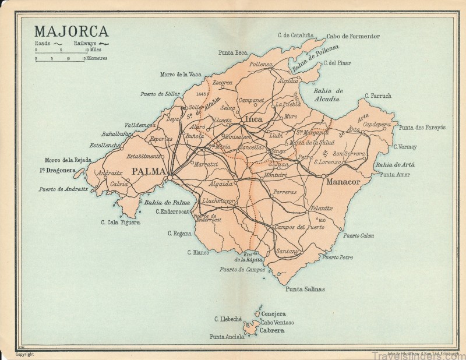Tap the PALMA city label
pyautogui.click(x=149, y=171)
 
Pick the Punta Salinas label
pyautogui.click(x=305, y=289)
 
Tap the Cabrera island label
pyautogui.click(x=272, y=330)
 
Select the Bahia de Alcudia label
pyautogui.click(x=329, y=94)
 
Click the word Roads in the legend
pyautogui.click(x=43, y=44)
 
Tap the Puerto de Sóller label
pyautogui.click(x=160, y=94)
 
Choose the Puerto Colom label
pyautogui.click(x=359, y=235)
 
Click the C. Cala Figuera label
pyautogui.click(x=121, y=222)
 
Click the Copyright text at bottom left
pyautogui.click(x=24, y=354)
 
